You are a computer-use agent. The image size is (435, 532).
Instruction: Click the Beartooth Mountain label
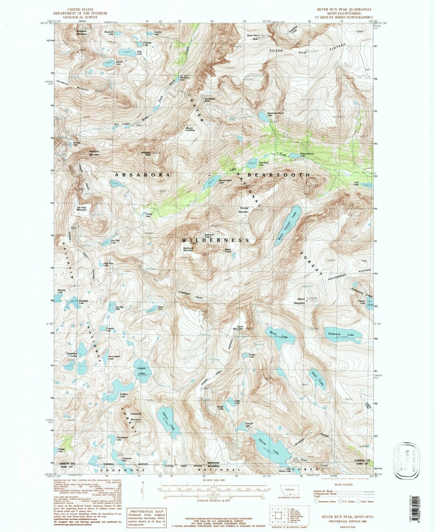click(188, 249)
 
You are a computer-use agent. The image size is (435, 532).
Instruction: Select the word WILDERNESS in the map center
click(215, 240)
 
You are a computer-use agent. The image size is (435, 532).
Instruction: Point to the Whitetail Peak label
click(146, 154)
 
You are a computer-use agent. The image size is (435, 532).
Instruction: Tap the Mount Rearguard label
click(301, 301)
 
